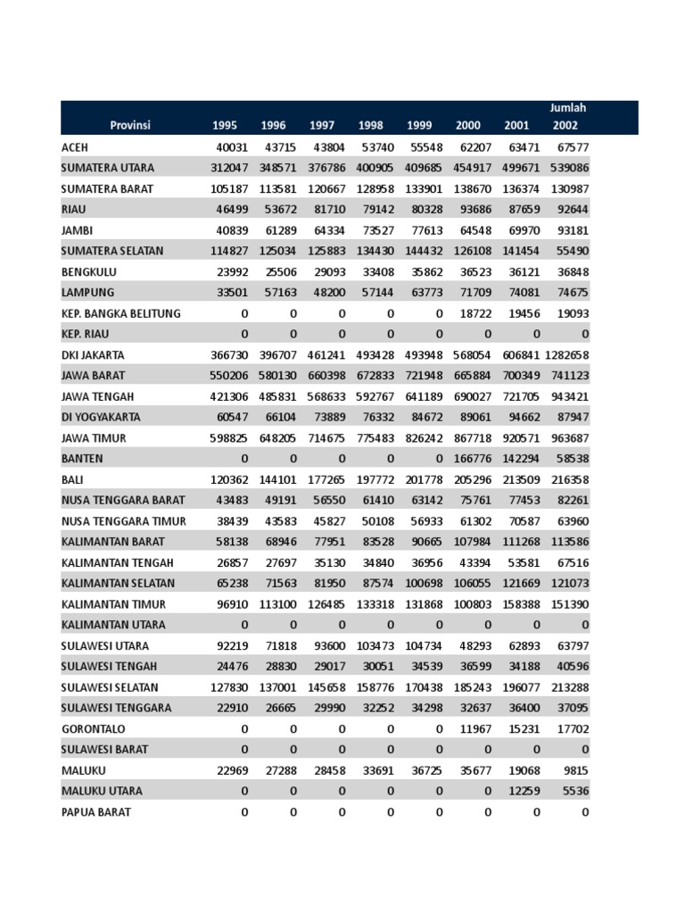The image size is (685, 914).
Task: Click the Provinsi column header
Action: (130, 126)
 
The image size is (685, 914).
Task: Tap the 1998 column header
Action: (370, 126)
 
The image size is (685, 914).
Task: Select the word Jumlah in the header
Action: (568, 108)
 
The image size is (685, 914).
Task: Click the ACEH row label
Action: (75, 147)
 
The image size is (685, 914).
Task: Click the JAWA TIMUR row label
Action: (94, 438)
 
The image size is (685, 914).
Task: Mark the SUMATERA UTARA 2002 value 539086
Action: (569, 168)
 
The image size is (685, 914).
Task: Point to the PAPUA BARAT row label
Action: (95, 812)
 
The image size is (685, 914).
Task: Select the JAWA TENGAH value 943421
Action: (569, 396)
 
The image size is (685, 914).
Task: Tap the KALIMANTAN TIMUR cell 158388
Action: (521, 604)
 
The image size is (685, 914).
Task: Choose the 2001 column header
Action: (516, 126)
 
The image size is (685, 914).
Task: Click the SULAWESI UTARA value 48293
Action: (472, 646)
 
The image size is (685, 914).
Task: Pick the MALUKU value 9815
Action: (574, 770)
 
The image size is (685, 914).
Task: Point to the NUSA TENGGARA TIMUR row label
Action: (124, 521)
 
